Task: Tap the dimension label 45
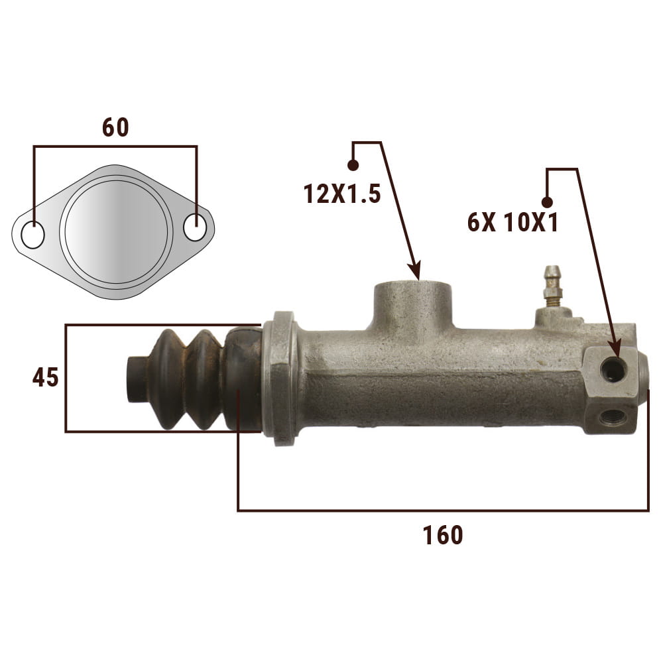pos(46,378)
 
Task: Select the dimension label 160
pos(443,535)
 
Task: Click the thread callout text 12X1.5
pos(342,194)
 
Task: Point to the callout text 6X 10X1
pos(512,222)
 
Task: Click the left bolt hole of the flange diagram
pos(32,235)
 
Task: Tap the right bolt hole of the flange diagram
pos(196,227)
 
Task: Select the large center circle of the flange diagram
pos(116,231)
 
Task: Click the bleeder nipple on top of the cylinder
pos(552,286)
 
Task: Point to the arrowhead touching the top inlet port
pos(415,271)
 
